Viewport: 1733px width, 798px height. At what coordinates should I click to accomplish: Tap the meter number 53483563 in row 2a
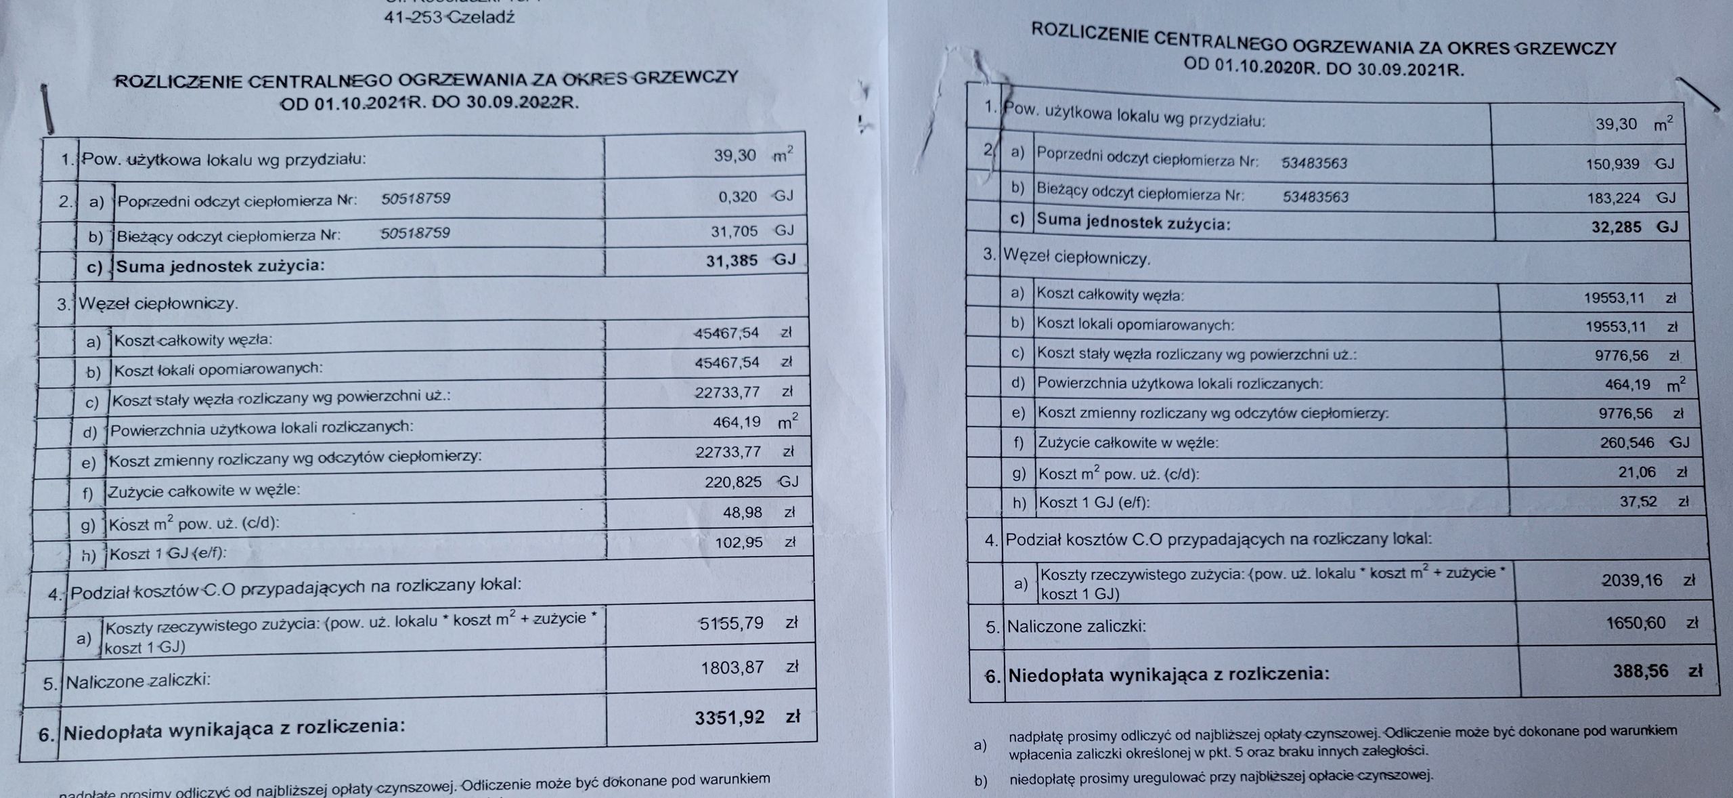pyautogui.click(x=1315, y=163)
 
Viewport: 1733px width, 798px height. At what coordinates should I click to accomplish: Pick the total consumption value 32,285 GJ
pyautogui.click(x=1634, y=227)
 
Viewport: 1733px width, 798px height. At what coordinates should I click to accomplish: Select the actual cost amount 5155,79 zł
pyautogui.click(x=748, y=623)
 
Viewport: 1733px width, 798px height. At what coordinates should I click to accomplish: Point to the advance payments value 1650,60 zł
pyautogui.click(x=1652, y=623)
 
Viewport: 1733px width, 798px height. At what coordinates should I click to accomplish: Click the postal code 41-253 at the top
pyautogui.click(x=413, y=17)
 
